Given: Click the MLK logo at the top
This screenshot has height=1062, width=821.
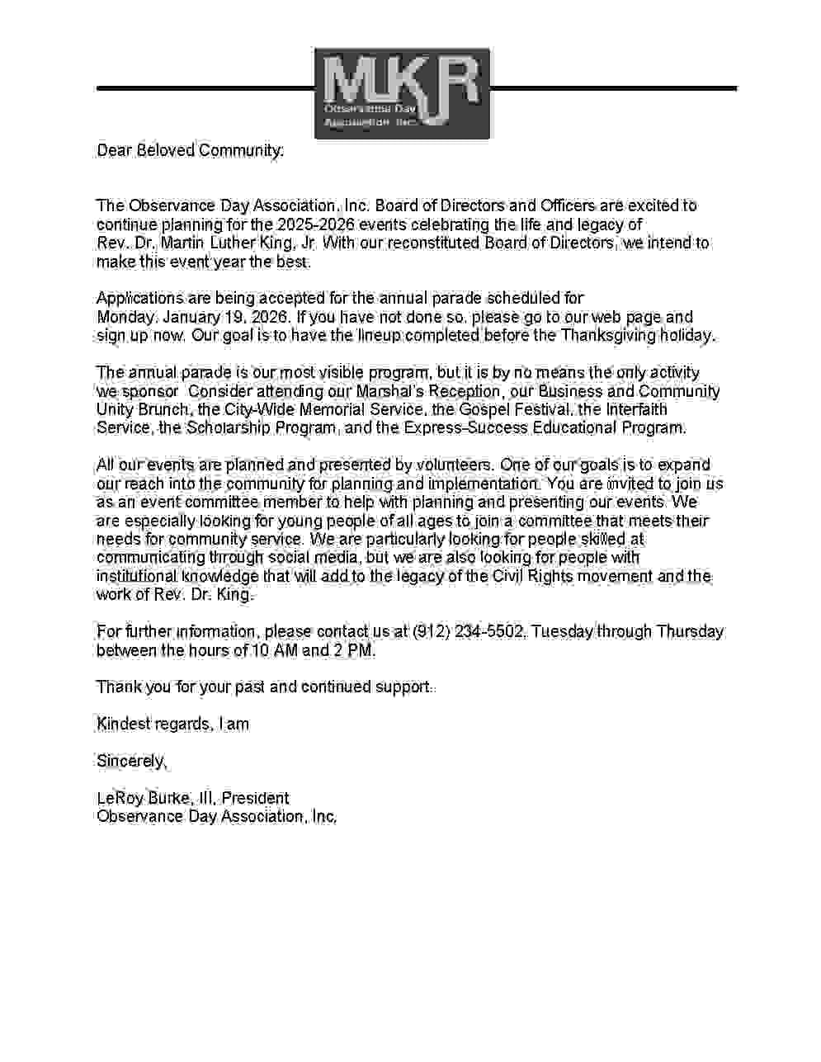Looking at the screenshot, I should coord(402,93).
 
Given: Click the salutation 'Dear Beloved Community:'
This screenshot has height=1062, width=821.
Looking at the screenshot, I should coord(190,150).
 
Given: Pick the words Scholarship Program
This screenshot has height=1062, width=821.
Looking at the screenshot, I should coord(260,428).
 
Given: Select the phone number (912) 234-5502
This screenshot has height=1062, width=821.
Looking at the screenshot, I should coord(468,632).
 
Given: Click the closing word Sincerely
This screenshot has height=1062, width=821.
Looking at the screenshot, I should coord(131,761).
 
